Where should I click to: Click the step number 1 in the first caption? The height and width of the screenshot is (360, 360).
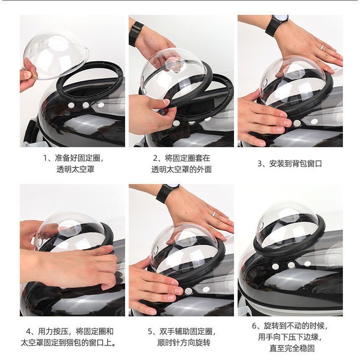[45, 158]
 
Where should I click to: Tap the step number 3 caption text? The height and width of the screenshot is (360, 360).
[289, 164]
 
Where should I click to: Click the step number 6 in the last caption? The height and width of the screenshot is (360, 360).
[254, 326]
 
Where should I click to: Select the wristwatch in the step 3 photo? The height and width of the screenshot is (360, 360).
[276, 25]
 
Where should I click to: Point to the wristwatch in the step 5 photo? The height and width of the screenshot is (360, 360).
[166, 193]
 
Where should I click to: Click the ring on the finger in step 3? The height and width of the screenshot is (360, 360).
[322, 48]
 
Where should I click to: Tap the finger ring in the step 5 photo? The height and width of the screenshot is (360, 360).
[213, 214]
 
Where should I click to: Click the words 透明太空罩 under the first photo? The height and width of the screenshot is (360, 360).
[76, 170]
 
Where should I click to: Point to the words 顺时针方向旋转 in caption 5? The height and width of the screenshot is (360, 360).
[184, 343]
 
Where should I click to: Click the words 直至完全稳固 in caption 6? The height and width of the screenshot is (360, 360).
[292, 348]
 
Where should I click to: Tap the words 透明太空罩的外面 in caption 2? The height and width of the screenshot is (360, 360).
[181, 170]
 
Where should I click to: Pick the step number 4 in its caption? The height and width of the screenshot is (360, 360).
[28, 332]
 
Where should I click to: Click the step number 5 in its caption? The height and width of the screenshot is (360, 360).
[150, 332]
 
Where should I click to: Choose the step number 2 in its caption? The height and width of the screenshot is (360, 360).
[155, 158]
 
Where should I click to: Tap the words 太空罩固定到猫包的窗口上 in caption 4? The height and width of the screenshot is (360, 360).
[67, 343]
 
